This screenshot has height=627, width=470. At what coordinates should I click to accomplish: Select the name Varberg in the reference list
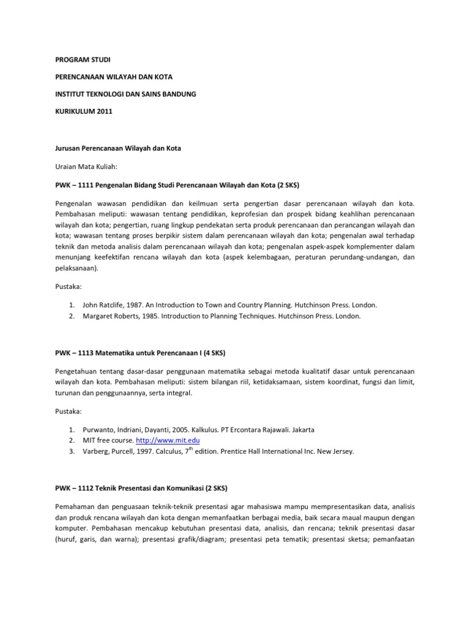tap(96, 452)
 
